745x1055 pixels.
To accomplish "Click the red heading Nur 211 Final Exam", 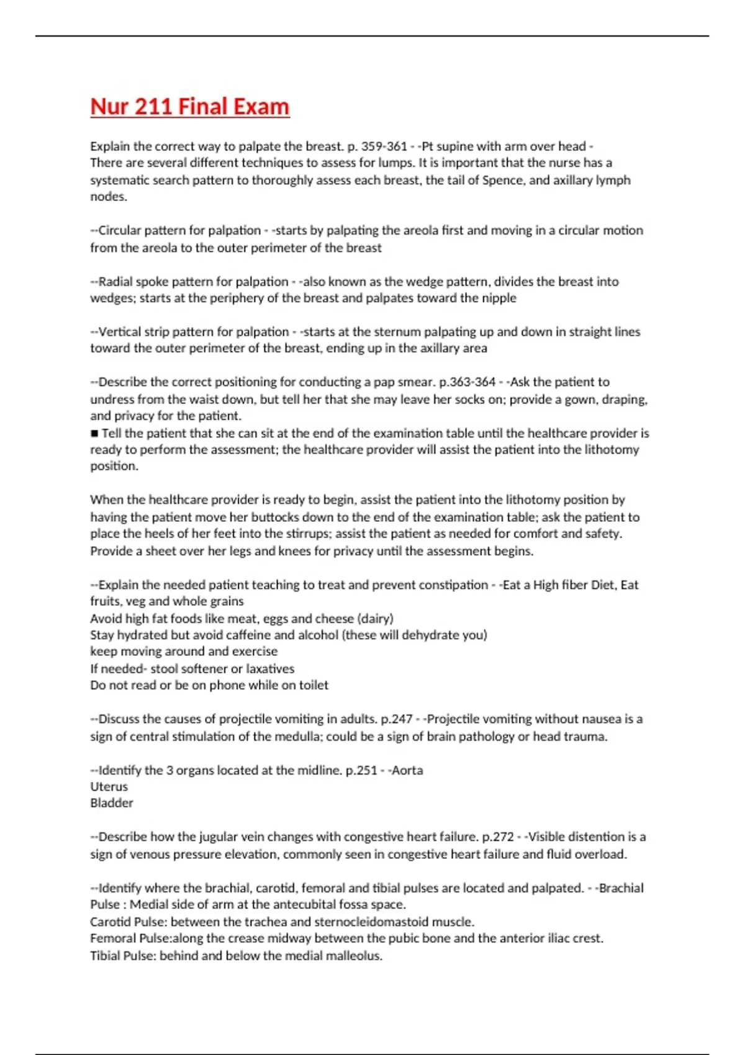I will coord(189,106).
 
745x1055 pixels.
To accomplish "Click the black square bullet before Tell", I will coord(94,433).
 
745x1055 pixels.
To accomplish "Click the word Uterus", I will coord(109,787).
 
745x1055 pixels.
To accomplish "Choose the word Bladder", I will coord(112,803).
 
